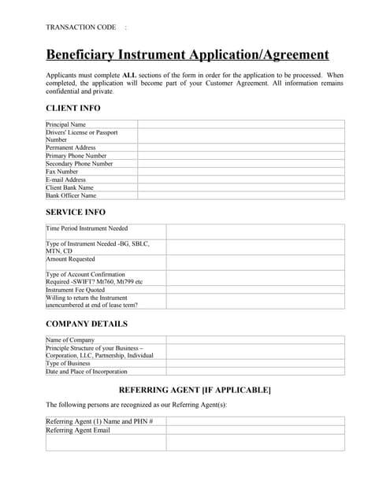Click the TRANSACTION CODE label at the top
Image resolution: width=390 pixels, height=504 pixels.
81,28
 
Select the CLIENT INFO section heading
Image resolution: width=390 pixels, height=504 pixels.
73,108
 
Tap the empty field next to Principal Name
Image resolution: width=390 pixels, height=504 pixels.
241,124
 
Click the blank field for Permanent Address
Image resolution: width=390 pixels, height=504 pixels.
241,148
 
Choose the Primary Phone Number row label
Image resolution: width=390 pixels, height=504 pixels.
76,156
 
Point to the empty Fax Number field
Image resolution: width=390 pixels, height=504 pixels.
241,172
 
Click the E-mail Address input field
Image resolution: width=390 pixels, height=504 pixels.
241,180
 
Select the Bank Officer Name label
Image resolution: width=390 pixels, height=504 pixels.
71,195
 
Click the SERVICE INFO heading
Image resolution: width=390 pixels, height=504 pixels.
76,213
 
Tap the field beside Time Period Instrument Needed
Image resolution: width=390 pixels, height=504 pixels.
255,232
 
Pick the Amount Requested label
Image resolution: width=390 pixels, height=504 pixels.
71,259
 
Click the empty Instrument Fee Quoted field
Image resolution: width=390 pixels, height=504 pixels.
255,290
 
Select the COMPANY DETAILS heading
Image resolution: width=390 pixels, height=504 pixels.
87,324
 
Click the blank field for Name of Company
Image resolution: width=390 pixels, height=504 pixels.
255,339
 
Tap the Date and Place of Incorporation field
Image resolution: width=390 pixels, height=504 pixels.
255,372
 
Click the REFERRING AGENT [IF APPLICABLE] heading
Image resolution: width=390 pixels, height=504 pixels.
195,390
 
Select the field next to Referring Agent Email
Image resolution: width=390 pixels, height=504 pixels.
255,430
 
